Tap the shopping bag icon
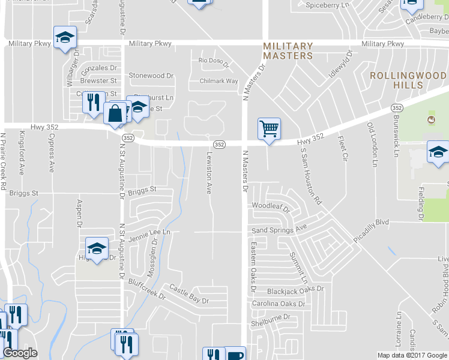(115, 112)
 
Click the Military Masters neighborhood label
(288, 50)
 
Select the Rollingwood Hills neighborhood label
(408, 80)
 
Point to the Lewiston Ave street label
(209, 172)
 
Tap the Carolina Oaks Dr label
(278, 304)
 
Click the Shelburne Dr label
(270, 317)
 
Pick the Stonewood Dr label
(151, 76)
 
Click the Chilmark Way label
(219, 81)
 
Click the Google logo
(20, 353)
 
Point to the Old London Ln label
(372, 145)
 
